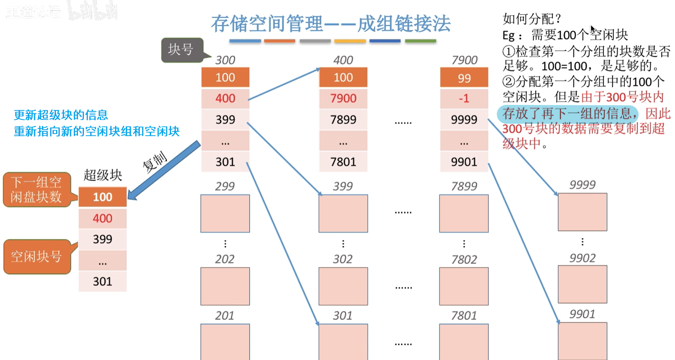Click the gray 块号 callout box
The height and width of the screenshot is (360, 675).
[181, 50]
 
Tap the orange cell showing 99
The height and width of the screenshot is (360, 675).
[464, 78]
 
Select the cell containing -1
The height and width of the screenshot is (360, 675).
[464, 98]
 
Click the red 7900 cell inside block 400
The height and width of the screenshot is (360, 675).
[343, 98]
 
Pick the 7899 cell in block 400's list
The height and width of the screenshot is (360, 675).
[343, 119]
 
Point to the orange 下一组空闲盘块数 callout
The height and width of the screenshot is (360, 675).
[36, 190]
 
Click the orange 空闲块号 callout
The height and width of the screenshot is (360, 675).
[36, 256]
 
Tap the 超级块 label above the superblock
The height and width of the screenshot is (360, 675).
[103, 175]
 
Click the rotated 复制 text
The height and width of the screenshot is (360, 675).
[155, 162]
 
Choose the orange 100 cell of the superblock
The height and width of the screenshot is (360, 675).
[103, 197]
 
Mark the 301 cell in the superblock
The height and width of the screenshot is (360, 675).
[103, 281]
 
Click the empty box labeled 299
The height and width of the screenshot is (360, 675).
[225, 214]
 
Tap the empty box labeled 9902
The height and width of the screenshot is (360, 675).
[582, 284]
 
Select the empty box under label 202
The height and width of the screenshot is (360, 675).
[225, 286]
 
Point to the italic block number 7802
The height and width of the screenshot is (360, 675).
[464, 259]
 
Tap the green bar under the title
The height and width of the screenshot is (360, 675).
[420, 41]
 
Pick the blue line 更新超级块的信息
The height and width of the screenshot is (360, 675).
[61, 115]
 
